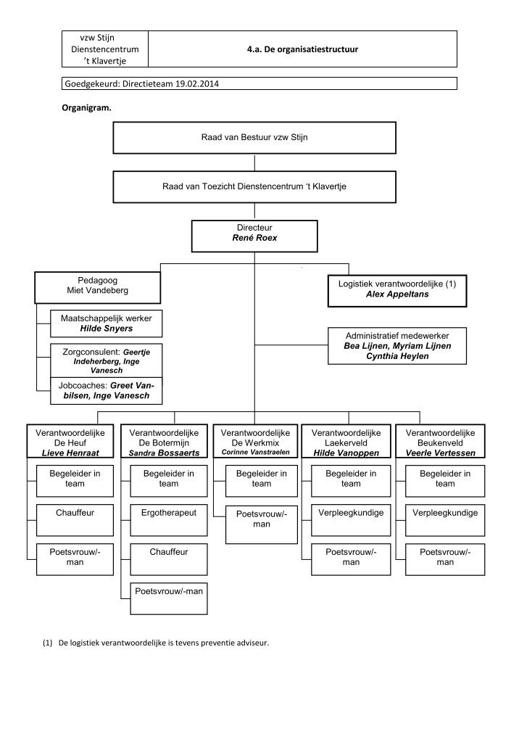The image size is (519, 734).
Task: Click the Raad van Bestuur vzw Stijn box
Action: pyautogui.click(x=254, y=137)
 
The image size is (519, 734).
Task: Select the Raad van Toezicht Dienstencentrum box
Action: pyautogui.click(x=254, y=186)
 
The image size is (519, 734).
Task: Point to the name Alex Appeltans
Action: pyautogui.click(x=397, y=295)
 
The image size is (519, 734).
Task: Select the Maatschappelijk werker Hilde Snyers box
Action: pyautogui.click(x=106, y=323)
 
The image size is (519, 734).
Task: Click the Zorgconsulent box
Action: pyautogui.click(x=106, y=360)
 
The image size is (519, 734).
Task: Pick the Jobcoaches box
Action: pyautogui.click(x=106, y=390)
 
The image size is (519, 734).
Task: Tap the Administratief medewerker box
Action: pyautogui.click(x=397, y=346)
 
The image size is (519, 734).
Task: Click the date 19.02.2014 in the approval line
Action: pyautogui.click(x=196, y=83)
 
